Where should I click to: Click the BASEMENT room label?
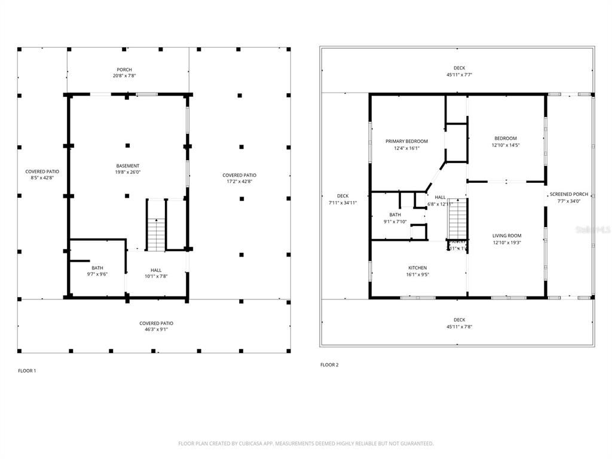coord(128,166)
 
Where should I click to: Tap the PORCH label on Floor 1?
coord(124,69)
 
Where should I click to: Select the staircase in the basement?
coord(156,235)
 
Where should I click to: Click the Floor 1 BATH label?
coord(97,268)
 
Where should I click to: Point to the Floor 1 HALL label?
coord(157,270)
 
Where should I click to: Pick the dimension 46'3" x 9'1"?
coord(157,329)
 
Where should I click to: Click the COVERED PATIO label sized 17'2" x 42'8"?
coord(240,175)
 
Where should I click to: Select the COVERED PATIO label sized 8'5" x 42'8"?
coord(42,172)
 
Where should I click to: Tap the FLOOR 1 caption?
coord(27,371)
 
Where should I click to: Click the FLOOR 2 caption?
coord(329,365)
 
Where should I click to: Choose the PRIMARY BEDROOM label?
coord(406,141)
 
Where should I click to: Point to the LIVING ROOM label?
coord(507,235)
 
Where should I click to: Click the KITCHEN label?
coord(417,268)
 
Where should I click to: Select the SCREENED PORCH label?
coord(569,194)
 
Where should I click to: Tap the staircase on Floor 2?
coord(457,219)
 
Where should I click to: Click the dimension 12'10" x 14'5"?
coord(506,145)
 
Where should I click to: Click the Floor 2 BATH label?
coord(395,215)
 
